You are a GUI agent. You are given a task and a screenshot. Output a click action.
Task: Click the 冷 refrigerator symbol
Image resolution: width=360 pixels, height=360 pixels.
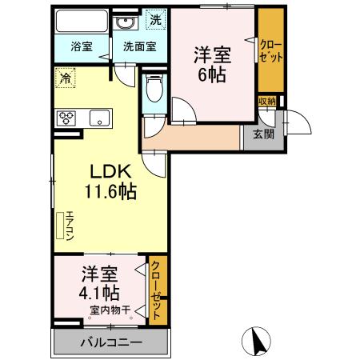tap(65, 78)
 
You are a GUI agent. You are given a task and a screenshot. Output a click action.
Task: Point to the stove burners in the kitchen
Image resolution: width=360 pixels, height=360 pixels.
tap(66, 118)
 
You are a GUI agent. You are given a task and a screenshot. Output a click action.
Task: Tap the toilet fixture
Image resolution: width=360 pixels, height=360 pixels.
tap(154, 88)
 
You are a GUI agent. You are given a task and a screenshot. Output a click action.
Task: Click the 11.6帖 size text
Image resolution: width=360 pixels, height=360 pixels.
tap(110, 193)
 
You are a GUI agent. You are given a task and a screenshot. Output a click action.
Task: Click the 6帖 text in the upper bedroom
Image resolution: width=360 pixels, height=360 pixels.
tap(212, 74)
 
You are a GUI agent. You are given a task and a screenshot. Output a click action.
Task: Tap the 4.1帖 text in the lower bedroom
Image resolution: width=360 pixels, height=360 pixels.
tap(100, 291)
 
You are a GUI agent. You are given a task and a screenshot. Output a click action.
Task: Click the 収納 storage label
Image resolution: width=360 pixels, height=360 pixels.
tap(266, 101)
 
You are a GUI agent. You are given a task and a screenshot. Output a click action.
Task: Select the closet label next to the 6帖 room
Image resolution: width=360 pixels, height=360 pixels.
tap(270, 50)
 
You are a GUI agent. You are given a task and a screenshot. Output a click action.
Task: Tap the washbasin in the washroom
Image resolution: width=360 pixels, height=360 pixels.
tap(125, 23)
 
